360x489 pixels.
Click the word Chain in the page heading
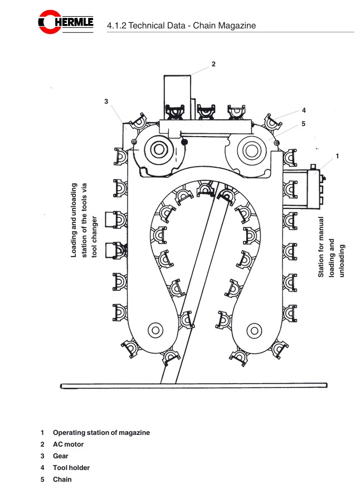point(205,25)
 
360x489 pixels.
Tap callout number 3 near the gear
point(106,101)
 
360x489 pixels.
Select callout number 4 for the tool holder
point(304,110)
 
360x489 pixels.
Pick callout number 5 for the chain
point(304,123)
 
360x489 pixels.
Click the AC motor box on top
point(177,92)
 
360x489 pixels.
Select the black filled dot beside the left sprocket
point(184,142)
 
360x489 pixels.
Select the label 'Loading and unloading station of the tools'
point(84,220)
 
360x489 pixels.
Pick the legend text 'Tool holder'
point(71,468)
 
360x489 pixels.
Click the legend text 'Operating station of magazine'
point(101,433)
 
